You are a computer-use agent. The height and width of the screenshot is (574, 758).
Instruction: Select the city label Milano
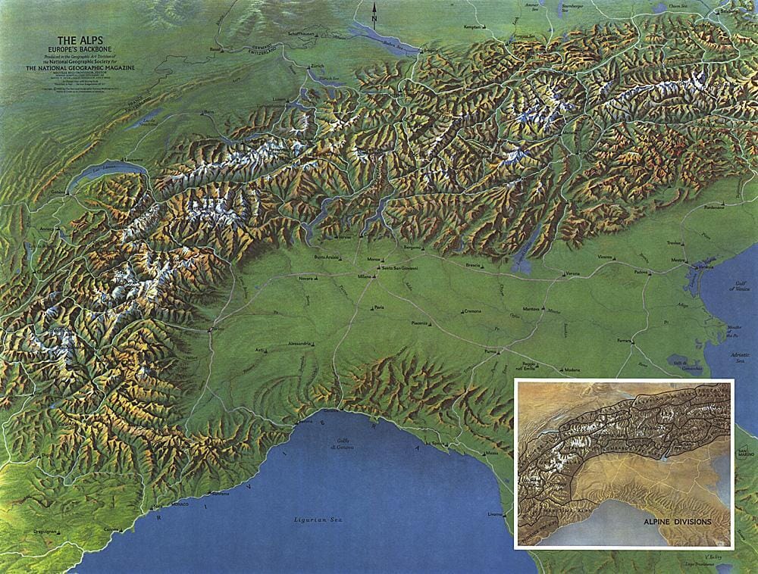(x=366, y=278)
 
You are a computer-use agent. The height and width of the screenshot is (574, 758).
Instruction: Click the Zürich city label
(x=316, y=67)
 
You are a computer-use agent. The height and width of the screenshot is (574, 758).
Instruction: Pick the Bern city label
(x=210, y=112)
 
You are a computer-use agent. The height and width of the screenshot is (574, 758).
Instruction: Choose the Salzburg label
(x=729, y=11)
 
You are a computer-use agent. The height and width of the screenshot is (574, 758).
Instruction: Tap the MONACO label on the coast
(x=179, y=504)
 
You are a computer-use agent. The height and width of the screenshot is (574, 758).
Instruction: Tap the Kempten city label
(x=473, y=27)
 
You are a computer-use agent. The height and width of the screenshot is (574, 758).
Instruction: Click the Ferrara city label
(x=624, y=342)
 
